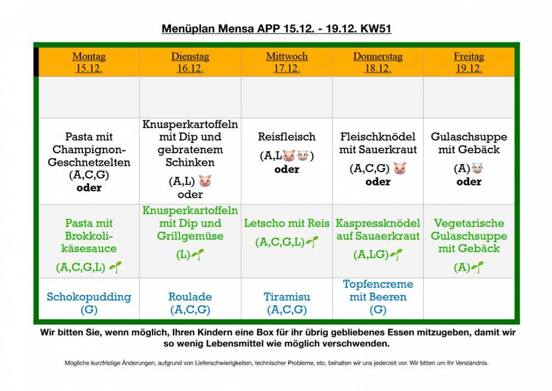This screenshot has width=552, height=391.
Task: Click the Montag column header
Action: (89, 57)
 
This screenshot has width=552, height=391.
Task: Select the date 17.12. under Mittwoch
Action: (287, 69)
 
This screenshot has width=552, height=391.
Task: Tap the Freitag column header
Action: (469, 57)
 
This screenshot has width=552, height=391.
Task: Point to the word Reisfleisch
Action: (287, 137)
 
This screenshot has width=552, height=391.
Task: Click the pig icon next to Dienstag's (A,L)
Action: (205, 181)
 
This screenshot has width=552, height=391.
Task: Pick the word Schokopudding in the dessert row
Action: (89, 297)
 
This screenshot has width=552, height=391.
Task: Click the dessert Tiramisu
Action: (287, 297)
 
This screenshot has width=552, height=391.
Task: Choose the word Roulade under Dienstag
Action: (190, 297)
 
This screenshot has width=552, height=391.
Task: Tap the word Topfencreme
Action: (378, 284)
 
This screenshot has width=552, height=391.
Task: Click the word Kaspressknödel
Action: (378, 224)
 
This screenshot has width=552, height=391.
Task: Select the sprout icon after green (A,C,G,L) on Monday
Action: (115, 267)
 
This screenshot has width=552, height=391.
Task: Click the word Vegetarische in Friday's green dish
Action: (469, 224)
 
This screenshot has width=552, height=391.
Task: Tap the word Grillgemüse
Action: (190, 236)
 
